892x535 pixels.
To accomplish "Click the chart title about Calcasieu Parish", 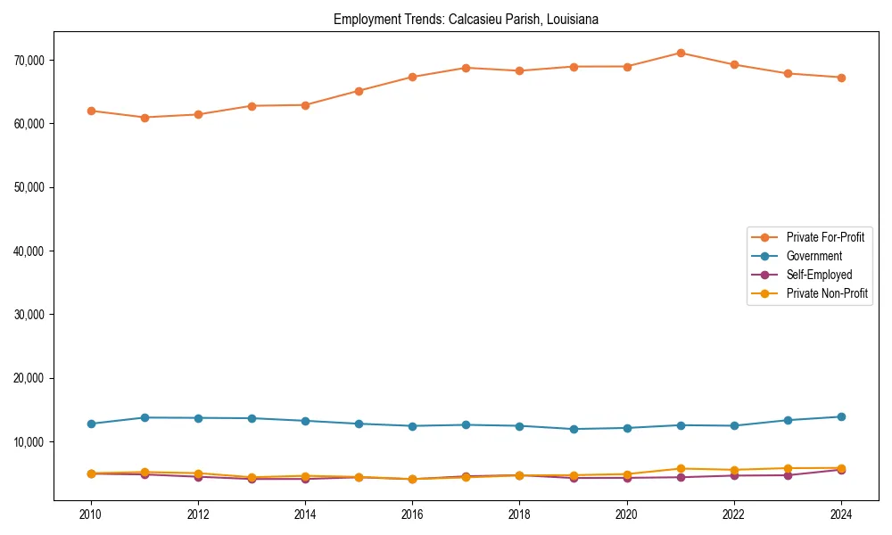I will tap(466, 19).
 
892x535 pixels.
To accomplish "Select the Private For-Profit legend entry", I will tap(825, 237).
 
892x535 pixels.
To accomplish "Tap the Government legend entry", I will tap(814, 256).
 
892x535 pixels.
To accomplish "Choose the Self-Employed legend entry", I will tap(819, 275).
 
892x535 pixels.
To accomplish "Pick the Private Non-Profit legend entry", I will tap(827, 293).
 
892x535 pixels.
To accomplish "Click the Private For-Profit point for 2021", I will tap(681, 53).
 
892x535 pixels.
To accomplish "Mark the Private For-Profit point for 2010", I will tap(91, 111).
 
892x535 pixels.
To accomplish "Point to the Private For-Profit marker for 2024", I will tap(841, 78).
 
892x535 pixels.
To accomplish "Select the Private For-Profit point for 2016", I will tap(412, 77).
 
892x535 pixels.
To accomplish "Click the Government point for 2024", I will tap(841, 416).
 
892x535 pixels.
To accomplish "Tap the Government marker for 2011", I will tap(145, 417).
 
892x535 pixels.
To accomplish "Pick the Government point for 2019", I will tap(574, 429).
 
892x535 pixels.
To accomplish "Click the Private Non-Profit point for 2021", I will tap(681, 468).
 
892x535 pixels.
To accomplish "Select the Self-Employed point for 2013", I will tap(252, 479).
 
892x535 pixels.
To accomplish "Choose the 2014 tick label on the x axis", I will tap(305, 514).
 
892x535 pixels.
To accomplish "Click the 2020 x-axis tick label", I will tap(626, 514).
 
